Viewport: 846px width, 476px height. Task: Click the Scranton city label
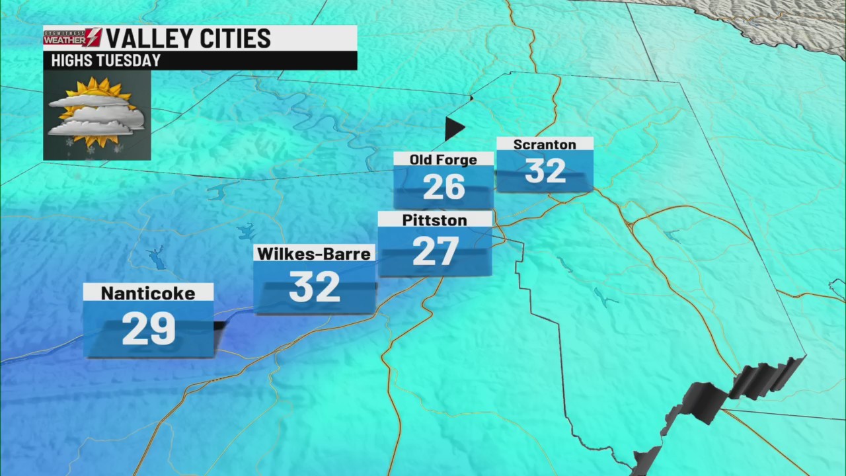coord(545,144)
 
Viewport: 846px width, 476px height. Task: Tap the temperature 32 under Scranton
coord(545,171)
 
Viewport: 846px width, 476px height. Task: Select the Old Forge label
coord(443,159)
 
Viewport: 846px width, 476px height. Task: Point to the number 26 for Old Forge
coord(443,187)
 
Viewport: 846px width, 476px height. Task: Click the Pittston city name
coord(434,220)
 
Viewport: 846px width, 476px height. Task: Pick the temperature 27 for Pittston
coord(435,251)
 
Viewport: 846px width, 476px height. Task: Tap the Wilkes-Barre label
coord(314,253)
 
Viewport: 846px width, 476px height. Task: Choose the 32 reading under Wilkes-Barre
coord(314,287)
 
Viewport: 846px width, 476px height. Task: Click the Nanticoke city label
coord(148,293)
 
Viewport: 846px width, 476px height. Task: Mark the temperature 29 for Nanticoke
coord(149,329)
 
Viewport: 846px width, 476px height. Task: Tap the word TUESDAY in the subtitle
coord(129,61)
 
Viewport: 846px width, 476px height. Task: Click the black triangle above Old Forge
coord(453,128)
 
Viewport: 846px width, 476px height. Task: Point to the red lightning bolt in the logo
coord(94,37)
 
